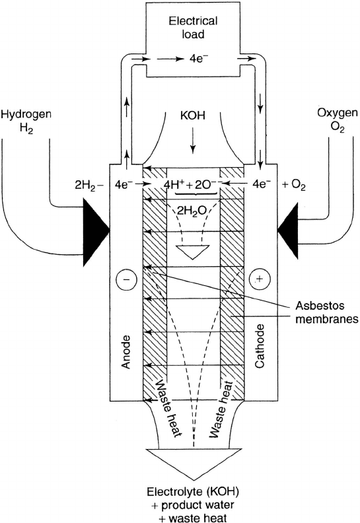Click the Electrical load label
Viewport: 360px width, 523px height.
193,27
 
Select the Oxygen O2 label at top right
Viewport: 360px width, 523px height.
338,120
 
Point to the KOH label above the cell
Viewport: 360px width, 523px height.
192,116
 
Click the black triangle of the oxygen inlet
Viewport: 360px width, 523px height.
288,230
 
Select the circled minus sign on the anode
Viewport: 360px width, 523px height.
126,279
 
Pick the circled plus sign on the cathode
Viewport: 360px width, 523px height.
260,279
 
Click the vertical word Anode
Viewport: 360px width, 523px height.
126,352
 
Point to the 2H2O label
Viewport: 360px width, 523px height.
192,210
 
